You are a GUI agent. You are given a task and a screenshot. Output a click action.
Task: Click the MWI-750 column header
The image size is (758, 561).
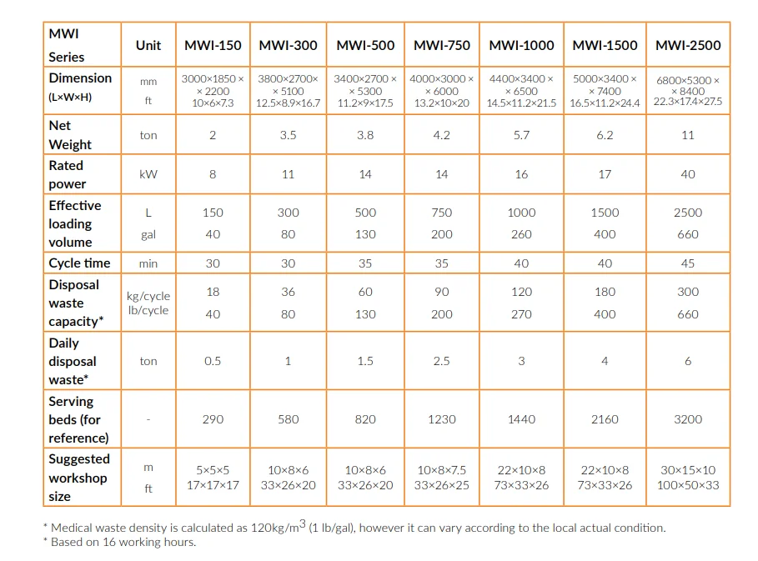pos(442,45)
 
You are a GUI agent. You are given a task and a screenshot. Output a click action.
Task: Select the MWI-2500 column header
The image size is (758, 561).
pos(688,45)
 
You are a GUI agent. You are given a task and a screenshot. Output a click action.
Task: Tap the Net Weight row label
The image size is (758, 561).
pos(70,135)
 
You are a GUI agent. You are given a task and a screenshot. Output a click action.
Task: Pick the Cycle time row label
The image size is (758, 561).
pos(79,263)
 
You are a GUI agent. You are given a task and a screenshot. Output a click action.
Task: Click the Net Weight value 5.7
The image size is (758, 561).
pos(521,135)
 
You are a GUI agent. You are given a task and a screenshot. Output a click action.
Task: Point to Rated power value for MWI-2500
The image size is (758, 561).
pos(688,174)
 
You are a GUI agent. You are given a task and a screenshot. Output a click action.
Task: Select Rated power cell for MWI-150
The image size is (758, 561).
pos(213,174)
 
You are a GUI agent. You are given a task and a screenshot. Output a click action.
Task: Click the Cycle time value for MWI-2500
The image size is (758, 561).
pos(688,263)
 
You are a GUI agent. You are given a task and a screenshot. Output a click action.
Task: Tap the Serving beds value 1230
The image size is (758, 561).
pos(442,419)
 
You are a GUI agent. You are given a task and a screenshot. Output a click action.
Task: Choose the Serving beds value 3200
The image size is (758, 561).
pos(688,419)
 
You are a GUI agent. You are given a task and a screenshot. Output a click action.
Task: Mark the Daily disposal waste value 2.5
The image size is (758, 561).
pos(442,361)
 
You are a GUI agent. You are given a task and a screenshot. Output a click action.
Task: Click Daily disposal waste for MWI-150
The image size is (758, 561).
pos(213,361)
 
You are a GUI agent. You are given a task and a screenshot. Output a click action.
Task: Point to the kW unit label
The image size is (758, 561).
pos(148,174)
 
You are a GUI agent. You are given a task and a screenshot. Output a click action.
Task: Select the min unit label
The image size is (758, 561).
pos(148,263)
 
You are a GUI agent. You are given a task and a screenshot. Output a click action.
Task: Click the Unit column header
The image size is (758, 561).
pos(148,45)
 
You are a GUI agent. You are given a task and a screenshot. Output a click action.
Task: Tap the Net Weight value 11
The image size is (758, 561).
pos(688,135)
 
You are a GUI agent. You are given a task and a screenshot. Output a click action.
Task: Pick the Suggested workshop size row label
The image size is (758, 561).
pos(78,478)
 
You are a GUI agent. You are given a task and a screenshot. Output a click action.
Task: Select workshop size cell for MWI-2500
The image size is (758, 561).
pos(688,478)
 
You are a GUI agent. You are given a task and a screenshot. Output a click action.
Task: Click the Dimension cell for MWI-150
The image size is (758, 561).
pos(213,91)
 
